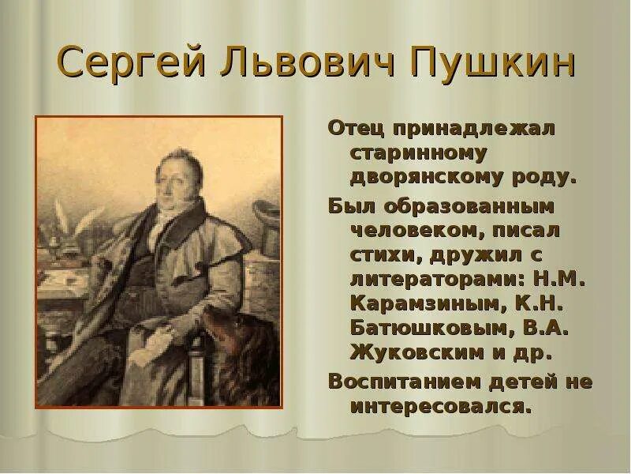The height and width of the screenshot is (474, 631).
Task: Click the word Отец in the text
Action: point(351,129)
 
